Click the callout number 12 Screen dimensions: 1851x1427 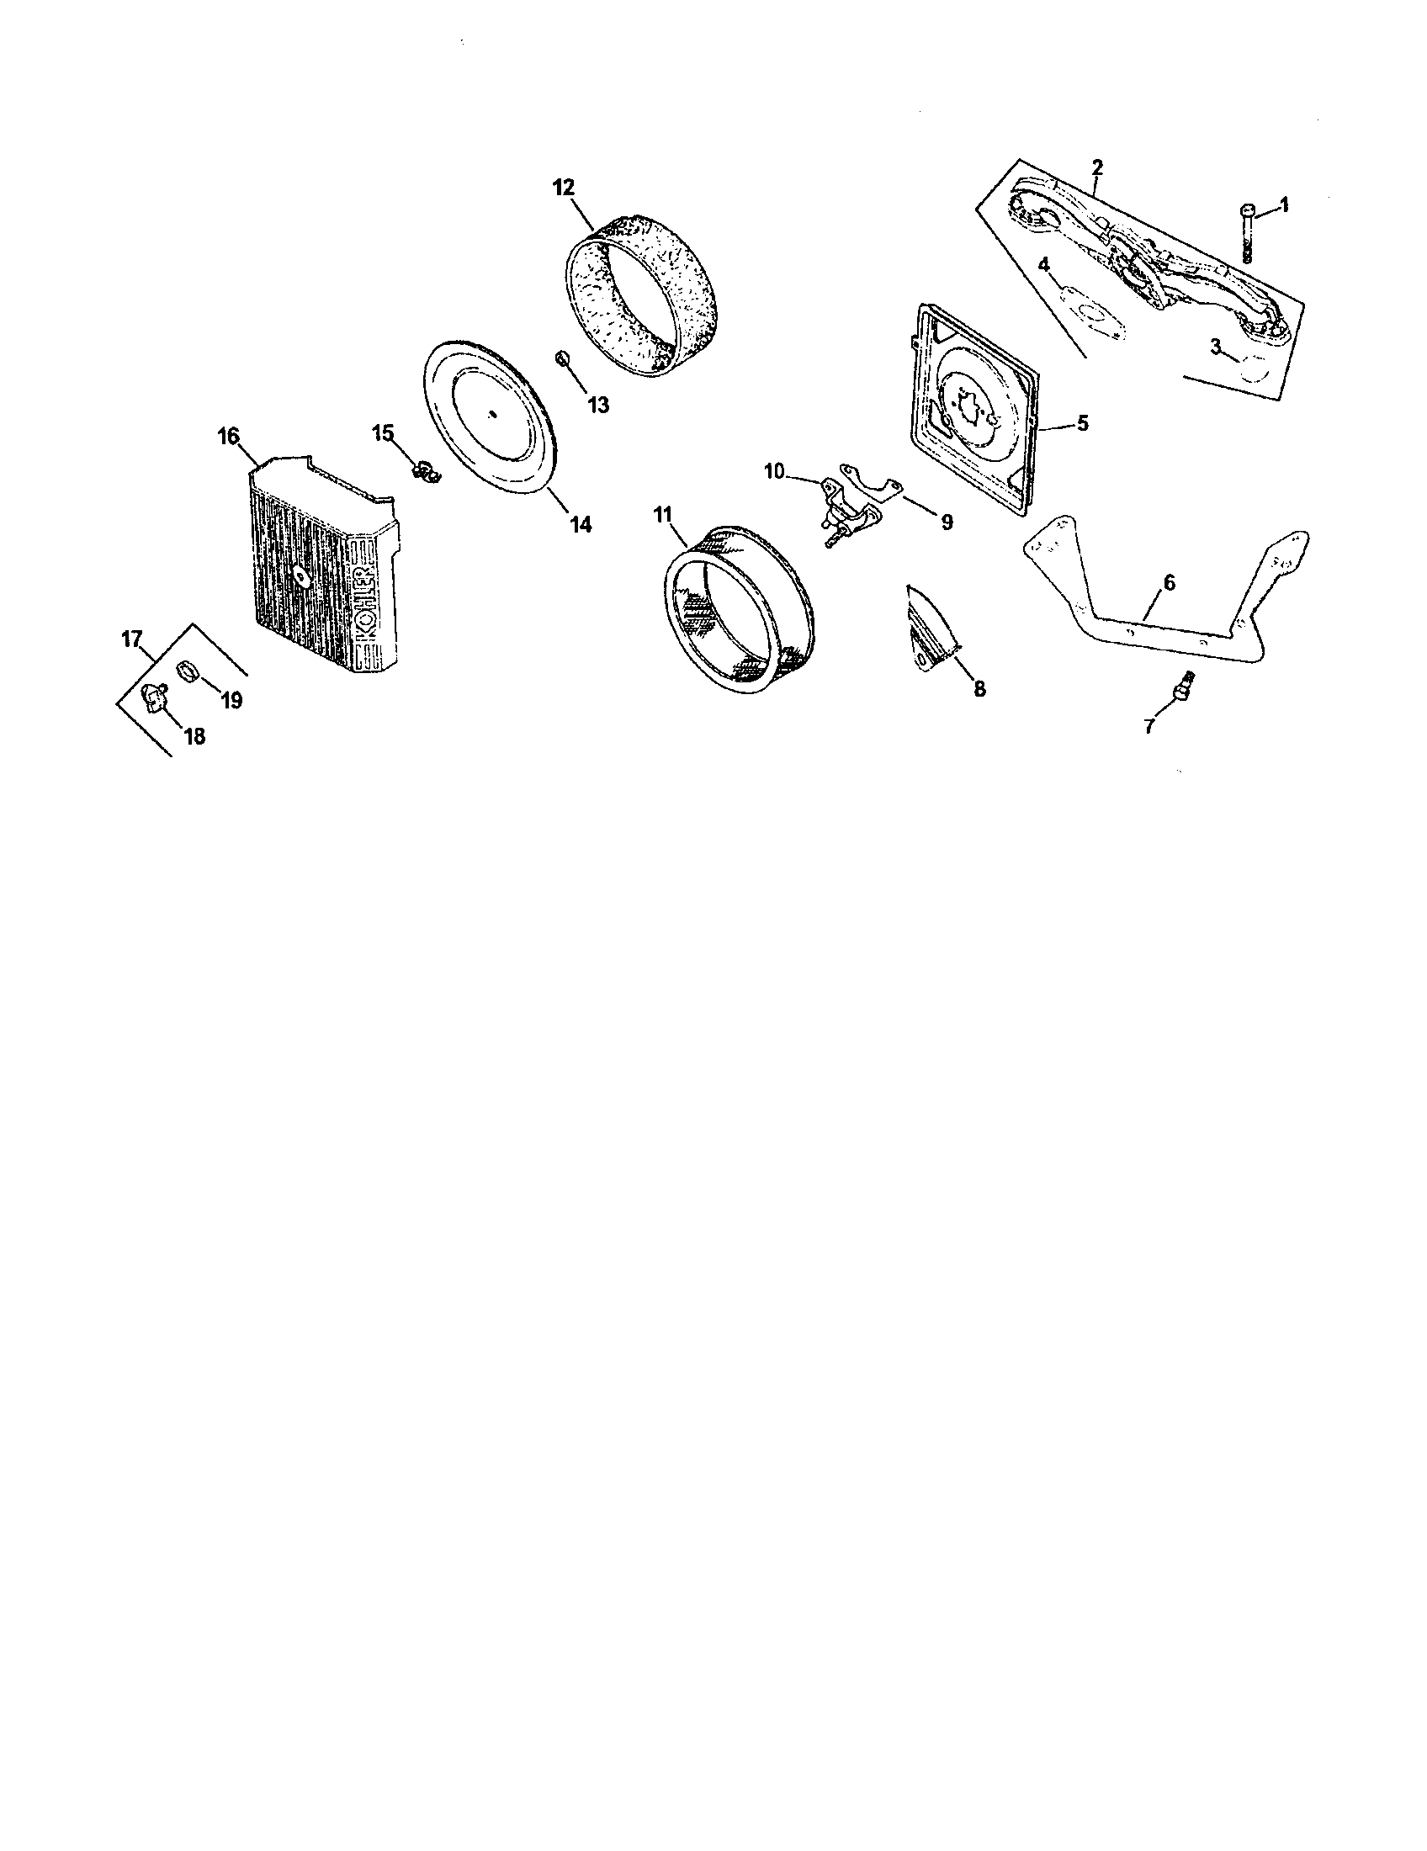(x=564, y=187)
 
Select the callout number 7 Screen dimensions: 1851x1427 (x=1149, y=726)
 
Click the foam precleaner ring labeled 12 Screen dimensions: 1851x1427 (x=644, y=293)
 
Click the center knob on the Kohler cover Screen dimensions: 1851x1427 (x=301, y=575)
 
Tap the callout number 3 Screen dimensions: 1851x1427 (x=1216, y=346)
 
